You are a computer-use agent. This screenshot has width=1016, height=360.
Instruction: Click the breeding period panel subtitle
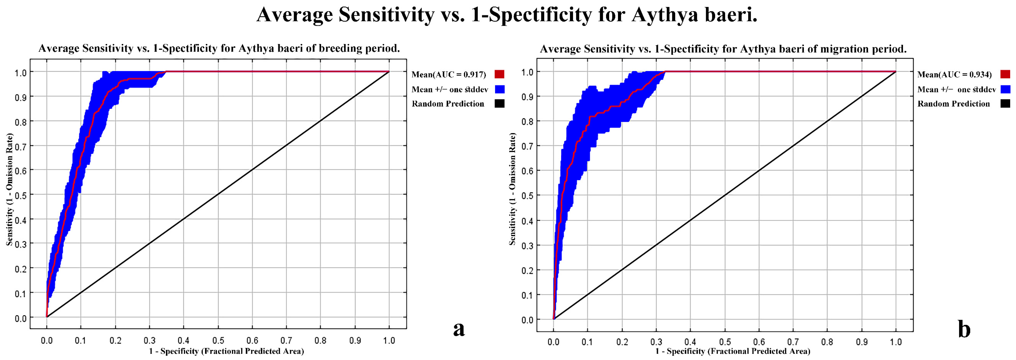click(x=219, y=49)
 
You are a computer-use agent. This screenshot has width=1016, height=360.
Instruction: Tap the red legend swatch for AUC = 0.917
click(x=499, y=74)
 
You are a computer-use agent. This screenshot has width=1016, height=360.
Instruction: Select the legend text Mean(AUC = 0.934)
click(x=955, y=75)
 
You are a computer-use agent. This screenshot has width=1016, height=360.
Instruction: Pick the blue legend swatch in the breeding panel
click(x=499, y=89)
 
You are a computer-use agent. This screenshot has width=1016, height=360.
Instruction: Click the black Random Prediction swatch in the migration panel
click(x=1005, y=104)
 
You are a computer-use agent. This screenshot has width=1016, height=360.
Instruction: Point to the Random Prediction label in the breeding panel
click(x=448, y=104)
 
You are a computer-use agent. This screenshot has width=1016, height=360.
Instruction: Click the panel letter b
click(x=964, y=330)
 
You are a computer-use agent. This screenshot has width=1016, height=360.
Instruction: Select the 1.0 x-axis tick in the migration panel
click(x=896, y=342)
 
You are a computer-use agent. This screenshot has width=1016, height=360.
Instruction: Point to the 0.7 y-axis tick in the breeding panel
click(x=20, y=146)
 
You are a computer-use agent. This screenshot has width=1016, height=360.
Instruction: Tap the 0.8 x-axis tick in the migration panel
click(x=827, y=342)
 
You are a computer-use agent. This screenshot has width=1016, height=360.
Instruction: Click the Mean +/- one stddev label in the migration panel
click(x=956, y=89)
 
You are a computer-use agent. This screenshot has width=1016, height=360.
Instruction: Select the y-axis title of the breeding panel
click(x=9, y=189)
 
